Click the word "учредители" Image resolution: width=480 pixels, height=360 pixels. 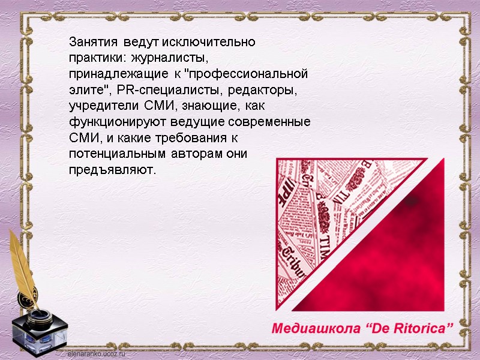tap(104, 106)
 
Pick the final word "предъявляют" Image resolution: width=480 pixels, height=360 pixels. tap(112, 170)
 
